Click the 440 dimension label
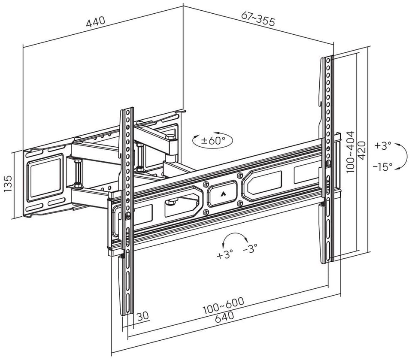coord(95,22)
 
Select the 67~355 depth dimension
coord(258,19)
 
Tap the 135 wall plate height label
coord(8,183)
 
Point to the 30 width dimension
coord(143,316)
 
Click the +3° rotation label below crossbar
coord(224,255)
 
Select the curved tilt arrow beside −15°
coord(403,157)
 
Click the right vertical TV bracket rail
coord(327,159)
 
